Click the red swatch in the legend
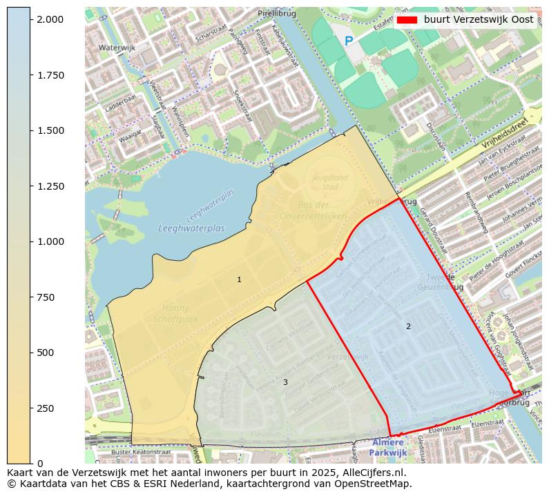tap(407, 20)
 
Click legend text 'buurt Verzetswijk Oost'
tap(478, 20)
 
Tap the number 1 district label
tap(239, 279)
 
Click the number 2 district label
tap(408, 326)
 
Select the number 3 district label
tap(285, 382)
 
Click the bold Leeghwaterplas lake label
tap(191, 228)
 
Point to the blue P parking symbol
tap(349, 41)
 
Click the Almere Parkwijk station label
tap(387, 447)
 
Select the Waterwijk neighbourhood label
tap(117, 48)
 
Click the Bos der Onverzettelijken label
tap(313, 210)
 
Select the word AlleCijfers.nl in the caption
tap(372, 473)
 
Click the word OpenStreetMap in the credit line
tap(376, 484)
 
